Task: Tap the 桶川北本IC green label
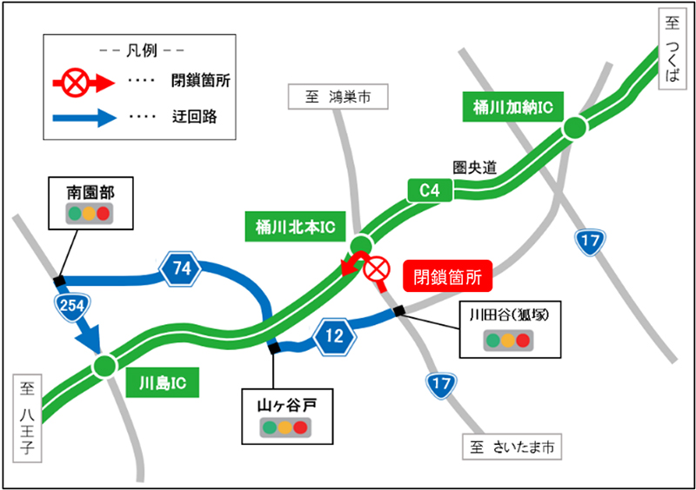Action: click(295, 228)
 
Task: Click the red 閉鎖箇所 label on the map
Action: click(447, 277)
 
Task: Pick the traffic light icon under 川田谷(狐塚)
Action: click(506, 340)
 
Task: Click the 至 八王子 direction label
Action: click(27, 419)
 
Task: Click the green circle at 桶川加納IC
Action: click(574, 129)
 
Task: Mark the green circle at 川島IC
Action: click(104, 365)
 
